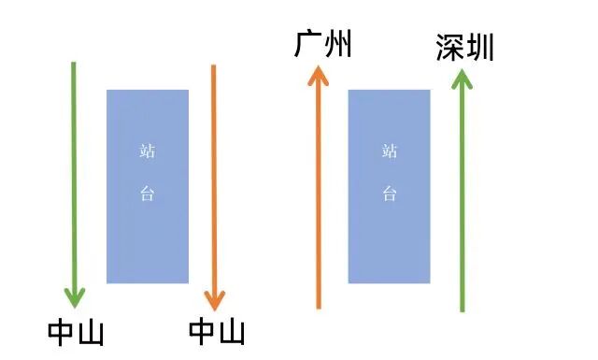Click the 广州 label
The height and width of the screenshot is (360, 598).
[322, 44]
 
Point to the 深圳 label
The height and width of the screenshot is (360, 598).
[464, 48]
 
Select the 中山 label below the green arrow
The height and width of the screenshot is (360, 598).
[76, 333]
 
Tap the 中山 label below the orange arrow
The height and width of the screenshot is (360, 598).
[217, 333]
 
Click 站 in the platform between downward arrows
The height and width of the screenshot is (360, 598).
[147, 150]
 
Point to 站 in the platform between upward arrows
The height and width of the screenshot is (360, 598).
[390, 151]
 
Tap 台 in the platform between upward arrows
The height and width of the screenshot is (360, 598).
[390, 194]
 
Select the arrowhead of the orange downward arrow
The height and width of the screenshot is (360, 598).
[215, 298]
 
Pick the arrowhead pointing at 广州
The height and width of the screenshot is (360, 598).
[320, 77]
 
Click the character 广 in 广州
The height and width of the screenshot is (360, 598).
[308, 44]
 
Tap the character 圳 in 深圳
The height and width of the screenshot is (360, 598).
[479, 48]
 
